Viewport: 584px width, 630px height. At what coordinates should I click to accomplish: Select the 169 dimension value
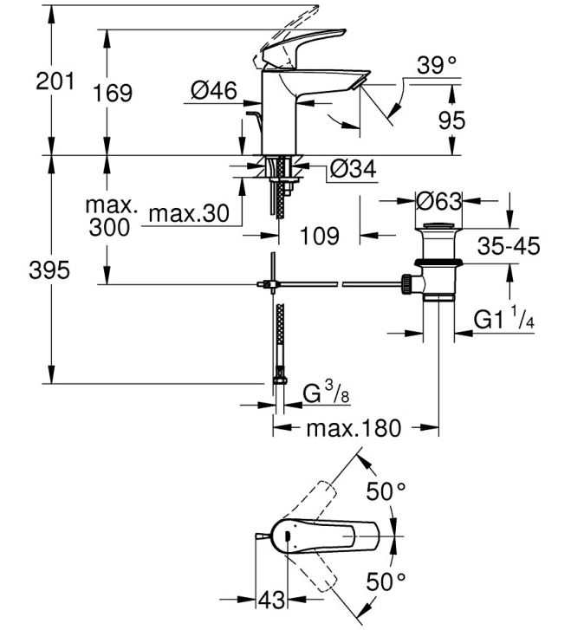click(113, 93)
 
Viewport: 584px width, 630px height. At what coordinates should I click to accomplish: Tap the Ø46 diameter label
click(213, 90)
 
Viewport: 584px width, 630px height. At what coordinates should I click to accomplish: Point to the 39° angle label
click(436, 65)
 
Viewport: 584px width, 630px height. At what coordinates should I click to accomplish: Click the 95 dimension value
click(451, 120)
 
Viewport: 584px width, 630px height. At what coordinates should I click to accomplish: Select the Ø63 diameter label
click(439, 201)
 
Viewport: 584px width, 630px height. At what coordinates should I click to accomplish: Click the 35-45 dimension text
click(508, 246)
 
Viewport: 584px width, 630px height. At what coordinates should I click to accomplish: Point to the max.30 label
click(188, 213)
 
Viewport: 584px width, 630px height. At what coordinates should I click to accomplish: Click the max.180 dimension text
click(353, 428)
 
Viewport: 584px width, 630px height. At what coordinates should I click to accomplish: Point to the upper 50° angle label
click(386, 492)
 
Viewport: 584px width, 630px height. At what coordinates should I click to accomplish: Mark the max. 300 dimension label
click(110, 217)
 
